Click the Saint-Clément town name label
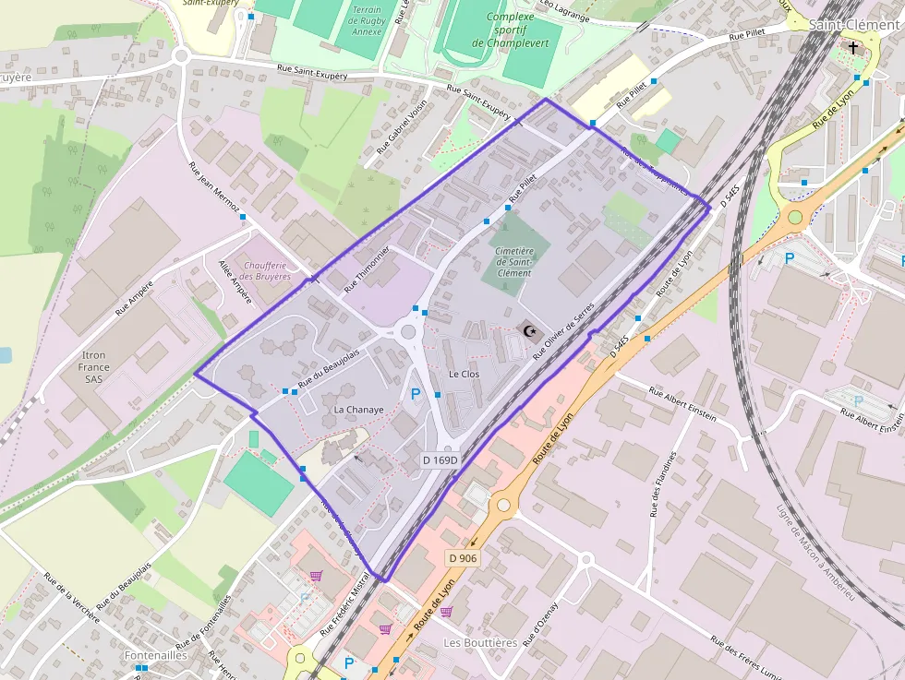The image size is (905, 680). (854, 25)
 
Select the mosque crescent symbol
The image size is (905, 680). (529, 330)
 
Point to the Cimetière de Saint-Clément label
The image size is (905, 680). (513, 261)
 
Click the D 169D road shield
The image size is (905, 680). (440, 459)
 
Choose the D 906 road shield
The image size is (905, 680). (463, 558)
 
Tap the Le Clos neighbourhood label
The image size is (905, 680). (465, 375)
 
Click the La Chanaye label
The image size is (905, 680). (358, 409)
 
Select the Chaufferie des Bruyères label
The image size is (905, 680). (265, 269)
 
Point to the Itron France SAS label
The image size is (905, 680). (94, 366)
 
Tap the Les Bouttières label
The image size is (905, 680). (480, 642)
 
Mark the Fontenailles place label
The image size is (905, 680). (156, 655)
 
